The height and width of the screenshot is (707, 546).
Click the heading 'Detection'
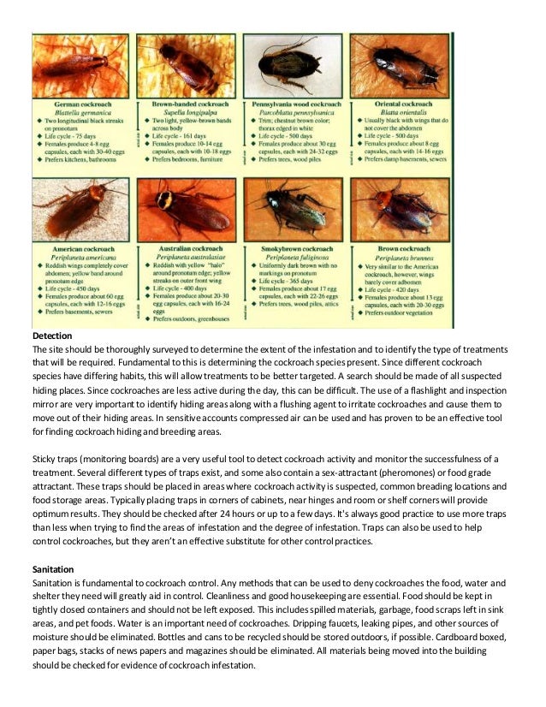(52, 337)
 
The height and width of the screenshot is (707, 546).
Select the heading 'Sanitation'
(54, 568)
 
